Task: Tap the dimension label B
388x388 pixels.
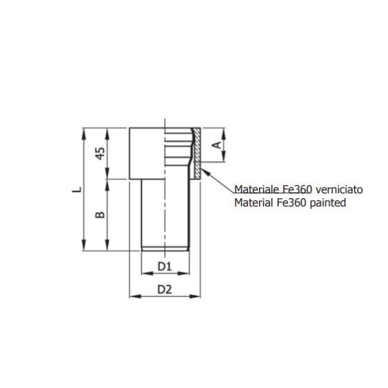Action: (x=101, y=214)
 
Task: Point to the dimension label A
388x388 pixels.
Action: (x=218, y=144)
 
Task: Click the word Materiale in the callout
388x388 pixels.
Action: (x=256, y=189)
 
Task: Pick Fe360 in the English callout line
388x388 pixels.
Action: (x=291, y=202)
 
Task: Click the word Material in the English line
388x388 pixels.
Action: (x=254, y=202)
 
